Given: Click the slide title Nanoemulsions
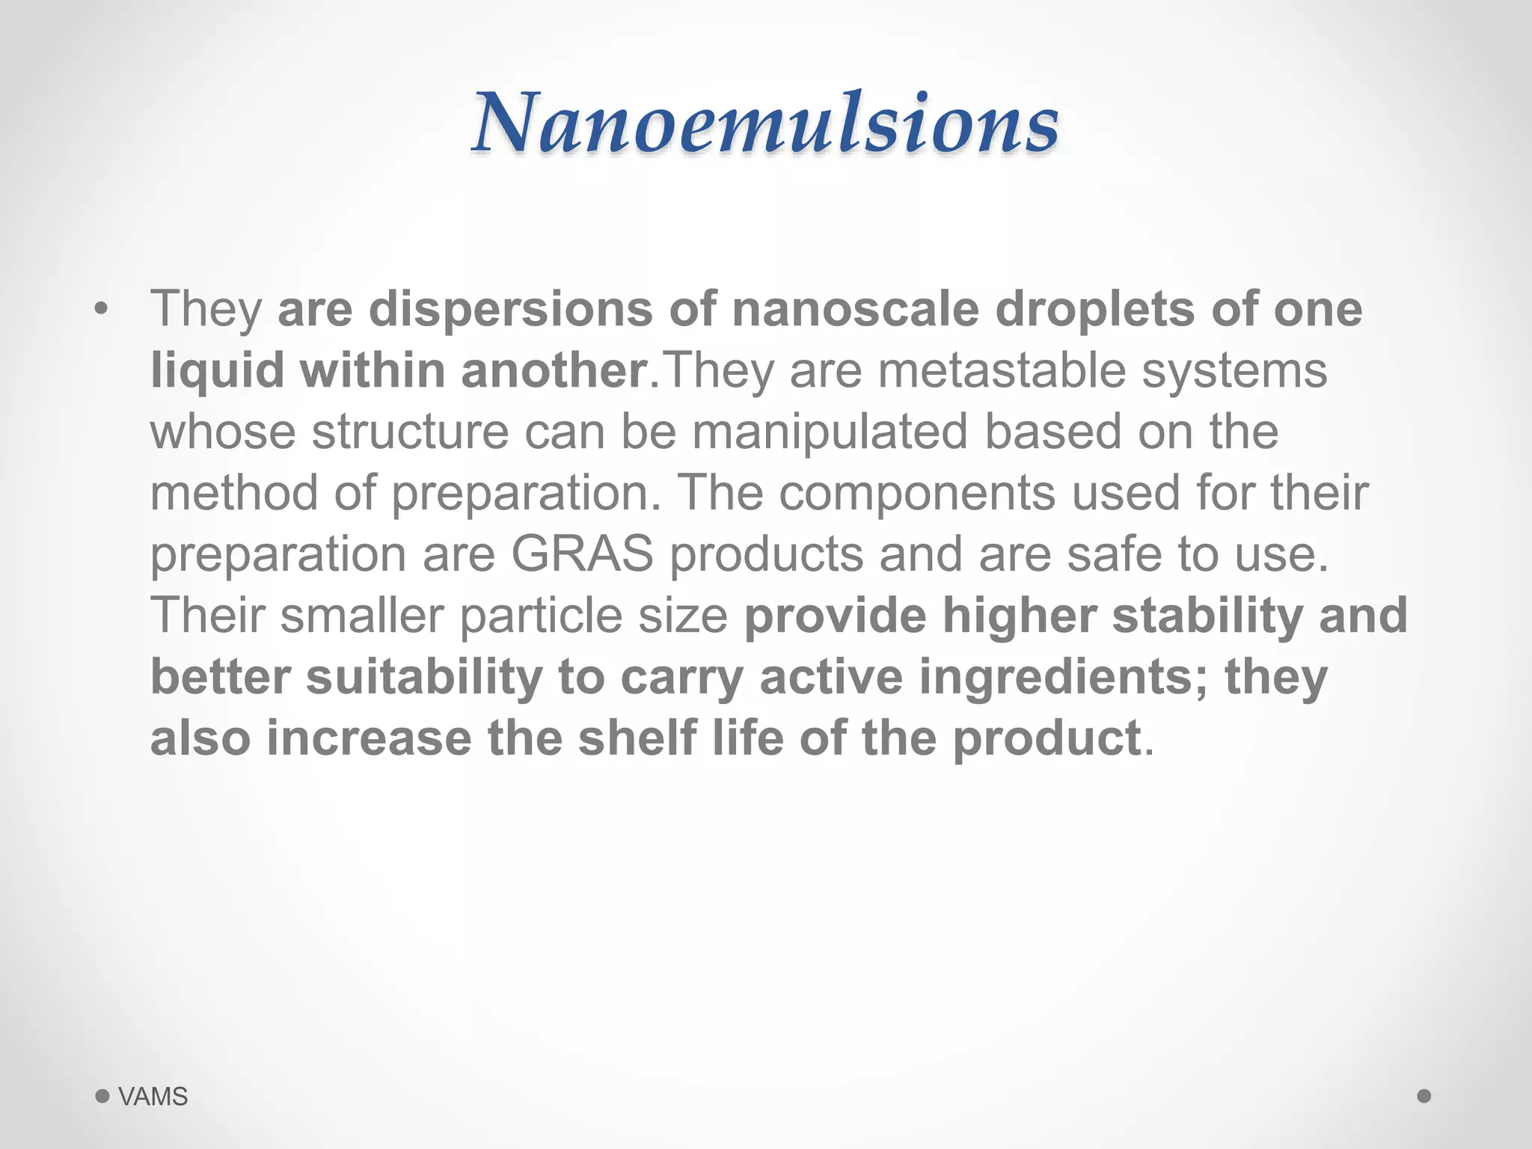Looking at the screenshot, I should click(765, 123).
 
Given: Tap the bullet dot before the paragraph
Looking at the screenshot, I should click(102, 309).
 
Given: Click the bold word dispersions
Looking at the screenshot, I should click(511, 309).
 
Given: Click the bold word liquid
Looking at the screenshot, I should click(217, 371).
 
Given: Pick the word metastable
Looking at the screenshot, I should click(1002, 371).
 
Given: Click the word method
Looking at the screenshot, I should click(235, 494).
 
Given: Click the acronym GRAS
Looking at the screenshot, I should click(582, 555).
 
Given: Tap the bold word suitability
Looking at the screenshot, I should click(423, 678).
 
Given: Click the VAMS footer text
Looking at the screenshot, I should click(153, 1097).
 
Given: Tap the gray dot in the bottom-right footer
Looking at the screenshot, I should click(1424, 1096).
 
